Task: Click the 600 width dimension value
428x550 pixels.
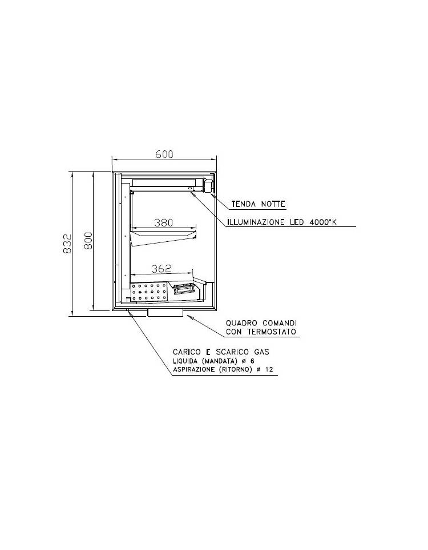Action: point(164,154)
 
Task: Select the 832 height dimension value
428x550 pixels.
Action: point(67,244)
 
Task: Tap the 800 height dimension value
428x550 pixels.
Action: point(88,241)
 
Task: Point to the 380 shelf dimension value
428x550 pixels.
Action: point(164,222)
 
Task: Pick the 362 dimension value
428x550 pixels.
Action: point(161,269)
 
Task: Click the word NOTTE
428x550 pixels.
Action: point(273,204)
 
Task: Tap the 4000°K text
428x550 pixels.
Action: point(323,222)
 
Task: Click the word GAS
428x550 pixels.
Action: point(261,352)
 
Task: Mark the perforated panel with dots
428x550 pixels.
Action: point(149,292)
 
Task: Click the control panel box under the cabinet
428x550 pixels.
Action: point(165,313)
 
